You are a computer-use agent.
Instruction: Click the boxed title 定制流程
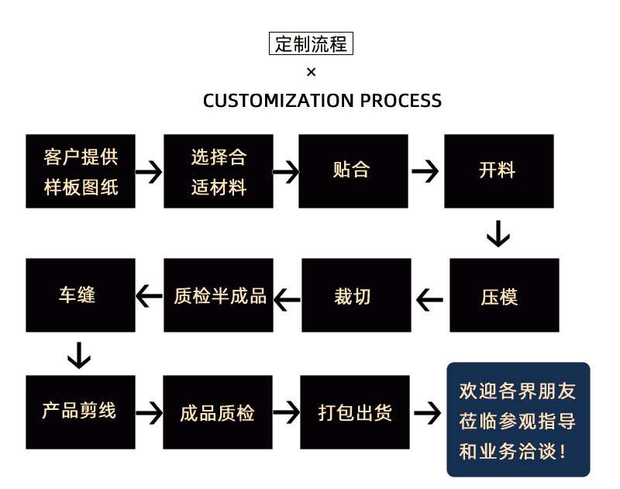coord(311,44)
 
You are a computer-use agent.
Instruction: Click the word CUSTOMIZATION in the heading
coord(277,101)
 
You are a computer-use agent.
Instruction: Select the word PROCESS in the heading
coord(401,101)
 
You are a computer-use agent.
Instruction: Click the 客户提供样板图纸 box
coord(81,171)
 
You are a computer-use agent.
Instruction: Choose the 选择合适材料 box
coord(219,171)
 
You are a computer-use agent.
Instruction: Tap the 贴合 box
coord(353,171)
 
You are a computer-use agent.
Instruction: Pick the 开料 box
coord(498,171)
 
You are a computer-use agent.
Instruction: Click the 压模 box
coord(504,295)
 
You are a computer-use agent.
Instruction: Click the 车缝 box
coord(81,295)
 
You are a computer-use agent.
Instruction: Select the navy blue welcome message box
coord(518,419)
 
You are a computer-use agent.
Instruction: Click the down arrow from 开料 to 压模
coord(498,233)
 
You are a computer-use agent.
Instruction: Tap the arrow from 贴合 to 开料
coord(425,171)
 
